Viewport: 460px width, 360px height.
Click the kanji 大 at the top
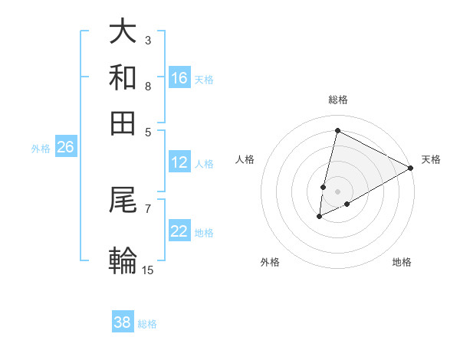coord(123,33)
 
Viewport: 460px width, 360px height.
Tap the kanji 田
coord(123,123)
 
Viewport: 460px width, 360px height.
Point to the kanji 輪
coord(123,260)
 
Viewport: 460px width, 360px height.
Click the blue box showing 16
coord(179,77)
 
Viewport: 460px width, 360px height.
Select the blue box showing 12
coord(179,162)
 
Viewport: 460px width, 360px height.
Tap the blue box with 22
coord(179,231)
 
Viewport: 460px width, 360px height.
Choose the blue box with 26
coord(65,148)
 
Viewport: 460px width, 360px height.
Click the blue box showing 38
coord(123,322)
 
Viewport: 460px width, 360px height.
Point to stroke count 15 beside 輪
coord(148,270)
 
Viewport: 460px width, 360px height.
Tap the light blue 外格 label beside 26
coord(41,149)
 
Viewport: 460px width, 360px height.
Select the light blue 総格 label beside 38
coord(147,323)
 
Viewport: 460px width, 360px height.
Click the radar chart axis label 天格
coord(431,159)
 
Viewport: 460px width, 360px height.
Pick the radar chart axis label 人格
coord(245,159)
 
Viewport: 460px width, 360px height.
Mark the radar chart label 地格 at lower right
coord(402,263)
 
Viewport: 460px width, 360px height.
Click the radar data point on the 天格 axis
coord(411,168)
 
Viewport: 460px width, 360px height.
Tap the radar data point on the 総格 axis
coord(337,131)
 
